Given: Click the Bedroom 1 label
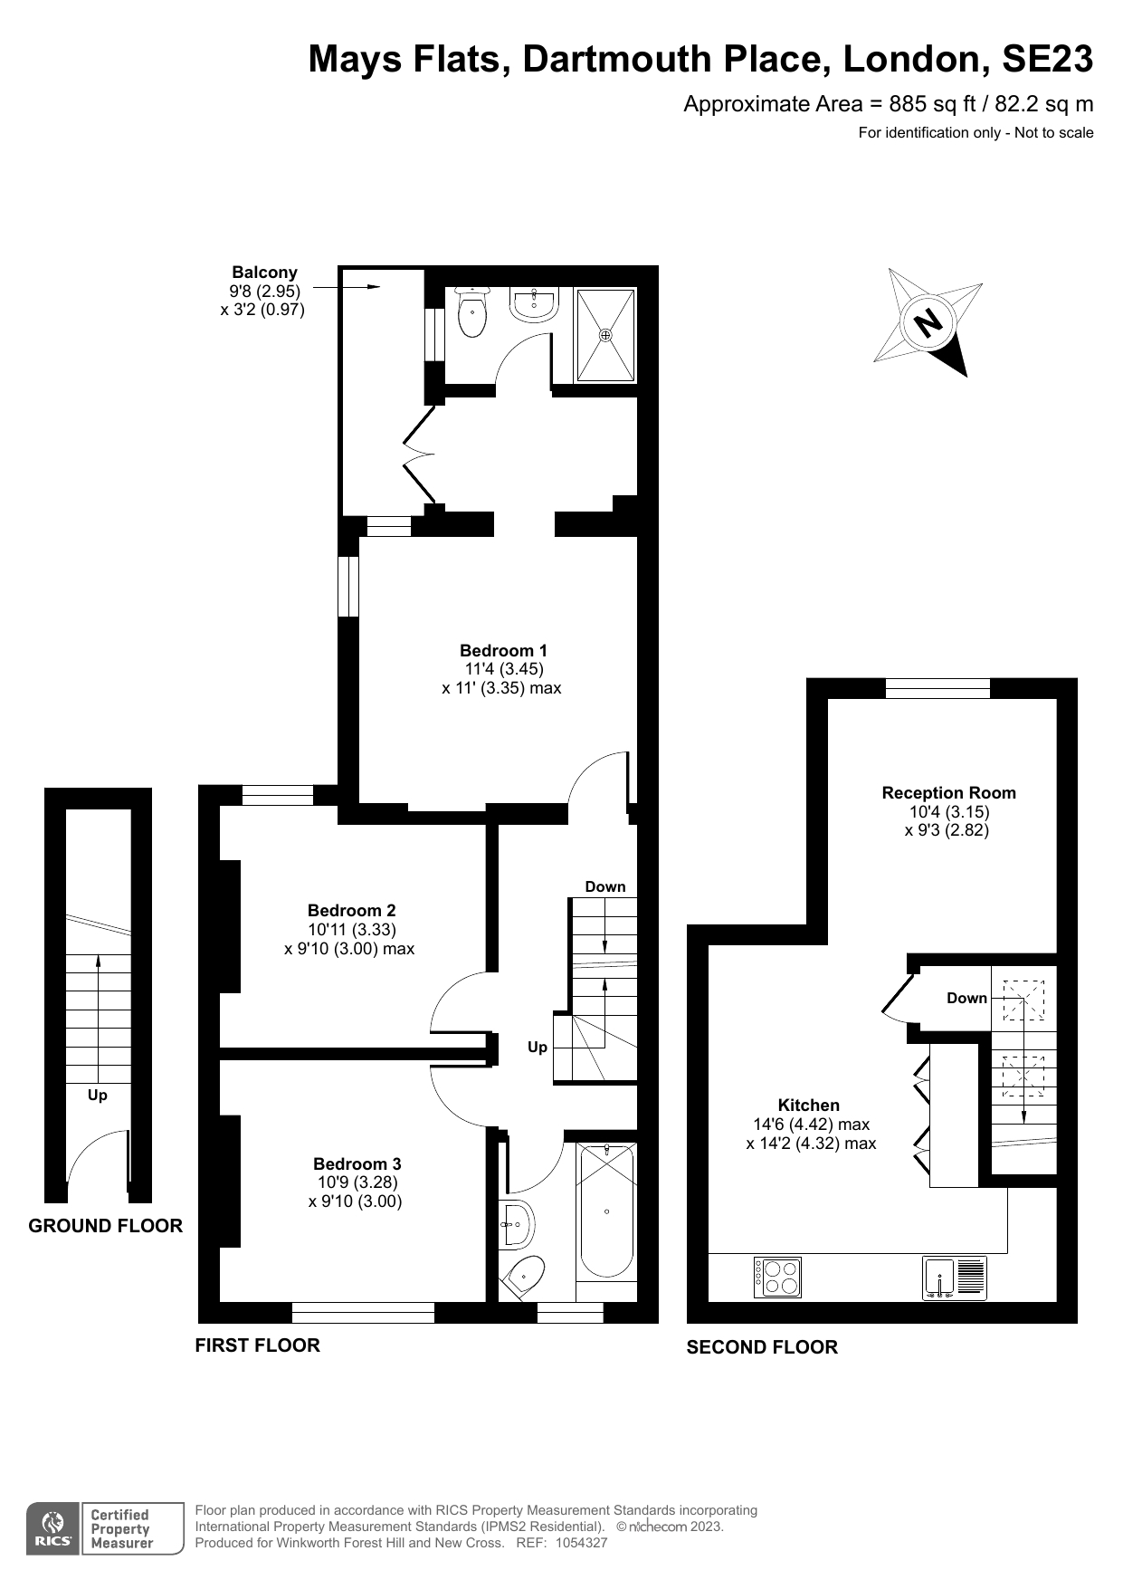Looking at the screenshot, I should (503, 650).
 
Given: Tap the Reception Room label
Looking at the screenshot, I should (948, 792).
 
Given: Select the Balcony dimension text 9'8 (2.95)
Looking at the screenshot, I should (264, 292).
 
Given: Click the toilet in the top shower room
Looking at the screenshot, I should (472, 313).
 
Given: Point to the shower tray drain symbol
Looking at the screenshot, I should (605, 334).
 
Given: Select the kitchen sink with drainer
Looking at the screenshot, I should (954, 1278).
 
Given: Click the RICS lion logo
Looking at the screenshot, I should (53, 1529).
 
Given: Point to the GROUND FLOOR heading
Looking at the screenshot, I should (105, 1226).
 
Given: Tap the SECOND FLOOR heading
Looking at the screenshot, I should (762, 1347).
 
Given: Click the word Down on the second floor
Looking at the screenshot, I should (966, 998).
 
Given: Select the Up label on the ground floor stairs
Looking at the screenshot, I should (98, 1095).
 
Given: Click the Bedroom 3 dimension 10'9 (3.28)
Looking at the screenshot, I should (357, 1182).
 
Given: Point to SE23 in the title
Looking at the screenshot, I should (1047, 60).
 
